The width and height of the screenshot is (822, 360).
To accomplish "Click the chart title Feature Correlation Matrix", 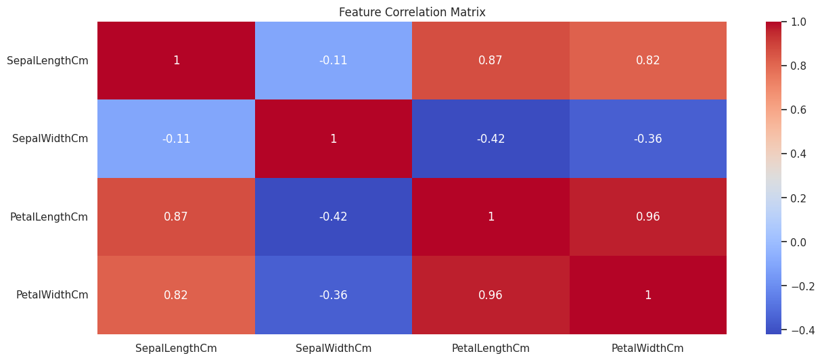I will coord(412,12).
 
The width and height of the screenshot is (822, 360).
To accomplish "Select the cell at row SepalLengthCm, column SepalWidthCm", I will coord(334,60).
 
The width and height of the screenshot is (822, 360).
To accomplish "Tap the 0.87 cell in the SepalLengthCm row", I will coord(490,60).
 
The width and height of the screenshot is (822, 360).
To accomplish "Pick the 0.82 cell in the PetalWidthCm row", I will coord(176,295).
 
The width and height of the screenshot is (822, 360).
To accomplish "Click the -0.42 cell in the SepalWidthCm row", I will coord(490,139).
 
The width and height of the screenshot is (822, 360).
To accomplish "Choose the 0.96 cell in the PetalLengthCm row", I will coord(648,217).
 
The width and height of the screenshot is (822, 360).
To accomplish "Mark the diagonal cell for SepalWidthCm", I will coord(334,139).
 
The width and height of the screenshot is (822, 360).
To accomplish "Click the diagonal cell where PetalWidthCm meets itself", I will coord(648,295).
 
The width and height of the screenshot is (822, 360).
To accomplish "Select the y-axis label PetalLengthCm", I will coord(49,217).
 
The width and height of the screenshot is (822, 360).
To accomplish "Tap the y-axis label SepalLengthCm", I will coord(47,61).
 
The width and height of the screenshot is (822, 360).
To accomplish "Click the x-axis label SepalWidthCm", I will coord(334,348).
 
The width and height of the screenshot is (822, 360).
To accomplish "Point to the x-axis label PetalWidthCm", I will coord(647,348).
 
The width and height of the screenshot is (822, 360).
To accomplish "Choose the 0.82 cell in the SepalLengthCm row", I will coord(648,60).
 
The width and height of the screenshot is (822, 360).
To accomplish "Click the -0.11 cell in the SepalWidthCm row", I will coord(176,139).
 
